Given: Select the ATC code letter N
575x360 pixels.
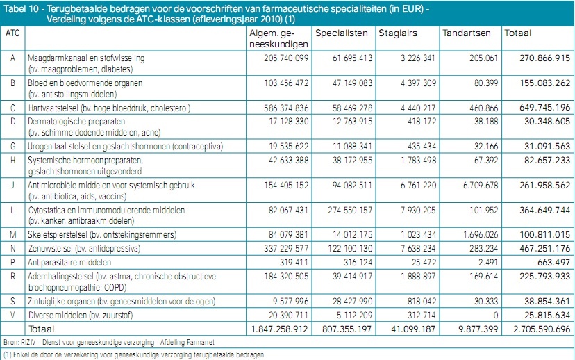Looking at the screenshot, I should click(12, 248).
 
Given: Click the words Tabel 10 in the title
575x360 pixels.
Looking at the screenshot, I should click(22, 7).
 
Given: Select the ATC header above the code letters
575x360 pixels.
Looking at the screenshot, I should click(12, 33).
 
